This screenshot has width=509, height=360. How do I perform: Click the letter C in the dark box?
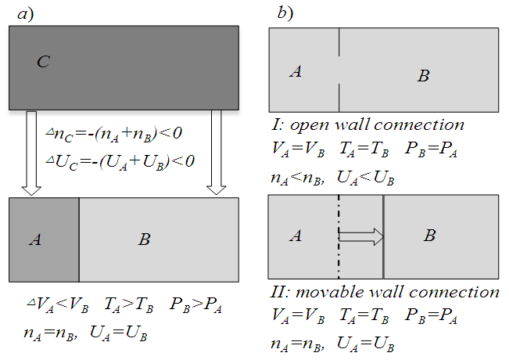[44, 62]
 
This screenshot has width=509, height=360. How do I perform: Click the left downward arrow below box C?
[31, 153]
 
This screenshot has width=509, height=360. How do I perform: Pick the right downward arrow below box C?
[217, 153]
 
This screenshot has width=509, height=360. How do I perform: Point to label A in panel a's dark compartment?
[34, 239]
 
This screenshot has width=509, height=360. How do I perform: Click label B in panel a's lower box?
[144, 239]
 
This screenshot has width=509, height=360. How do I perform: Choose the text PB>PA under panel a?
[199, 305]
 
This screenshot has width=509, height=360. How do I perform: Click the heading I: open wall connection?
[366, 124]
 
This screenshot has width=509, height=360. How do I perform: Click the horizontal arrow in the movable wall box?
[363, 236]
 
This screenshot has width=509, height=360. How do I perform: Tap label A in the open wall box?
[296, 72]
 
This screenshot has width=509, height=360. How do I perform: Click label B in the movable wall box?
[430, 236]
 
